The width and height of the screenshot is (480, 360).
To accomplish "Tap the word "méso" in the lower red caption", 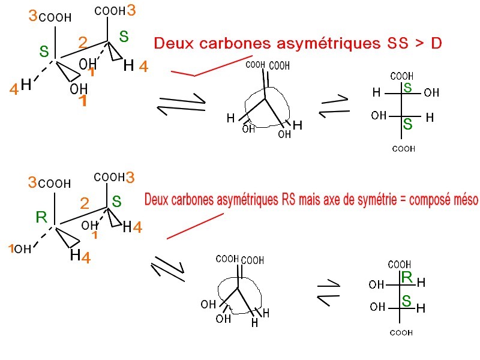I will [x=460, y=200].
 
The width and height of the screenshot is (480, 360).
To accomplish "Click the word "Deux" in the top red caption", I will [x=171, y=43].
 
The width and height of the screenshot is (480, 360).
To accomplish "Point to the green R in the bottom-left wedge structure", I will [x=41, y=217].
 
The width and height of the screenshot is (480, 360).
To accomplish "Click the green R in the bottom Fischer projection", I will [x=406, y=277].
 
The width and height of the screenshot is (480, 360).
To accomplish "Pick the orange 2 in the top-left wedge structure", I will [x=83, y=43].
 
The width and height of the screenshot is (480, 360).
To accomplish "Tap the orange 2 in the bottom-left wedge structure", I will [x=85, y=204].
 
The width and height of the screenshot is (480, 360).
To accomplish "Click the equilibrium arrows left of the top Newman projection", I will [x=181, y=108].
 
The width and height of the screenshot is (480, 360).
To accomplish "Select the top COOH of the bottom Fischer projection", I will [x=400, y=265].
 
